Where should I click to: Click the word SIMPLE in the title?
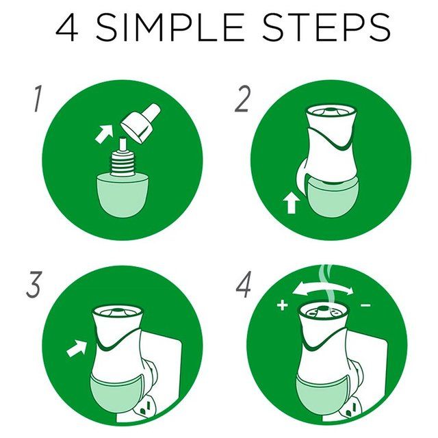pyautogui.click(x=170, y=27)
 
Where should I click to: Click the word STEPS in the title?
pyautogui.click(x=326, y=27)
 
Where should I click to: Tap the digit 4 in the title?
pyautogui.click(x=67, y=27)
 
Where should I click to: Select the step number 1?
pyautogui.click(x=38, y=99)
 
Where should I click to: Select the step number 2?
pyautogui.click(x=242, y=99)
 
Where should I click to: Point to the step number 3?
pyautogui.click(x=34, y=284)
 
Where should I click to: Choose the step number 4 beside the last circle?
pyautogui.click(x=243, y=284)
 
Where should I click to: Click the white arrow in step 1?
pyautogui.click(x=103, y=133)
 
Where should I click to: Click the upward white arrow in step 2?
pyautogui.click(x=292, y=204)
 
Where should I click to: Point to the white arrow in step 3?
pyautogui.click(x=77, y=348)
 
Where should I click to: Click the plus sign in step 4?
pyautogui.click(x=282, y=305)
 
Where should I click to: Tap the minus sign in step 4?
pyautogui.click(x=365, y=305)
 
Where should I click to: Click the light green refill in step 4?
pyautogui.click(x=321, y=397)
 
